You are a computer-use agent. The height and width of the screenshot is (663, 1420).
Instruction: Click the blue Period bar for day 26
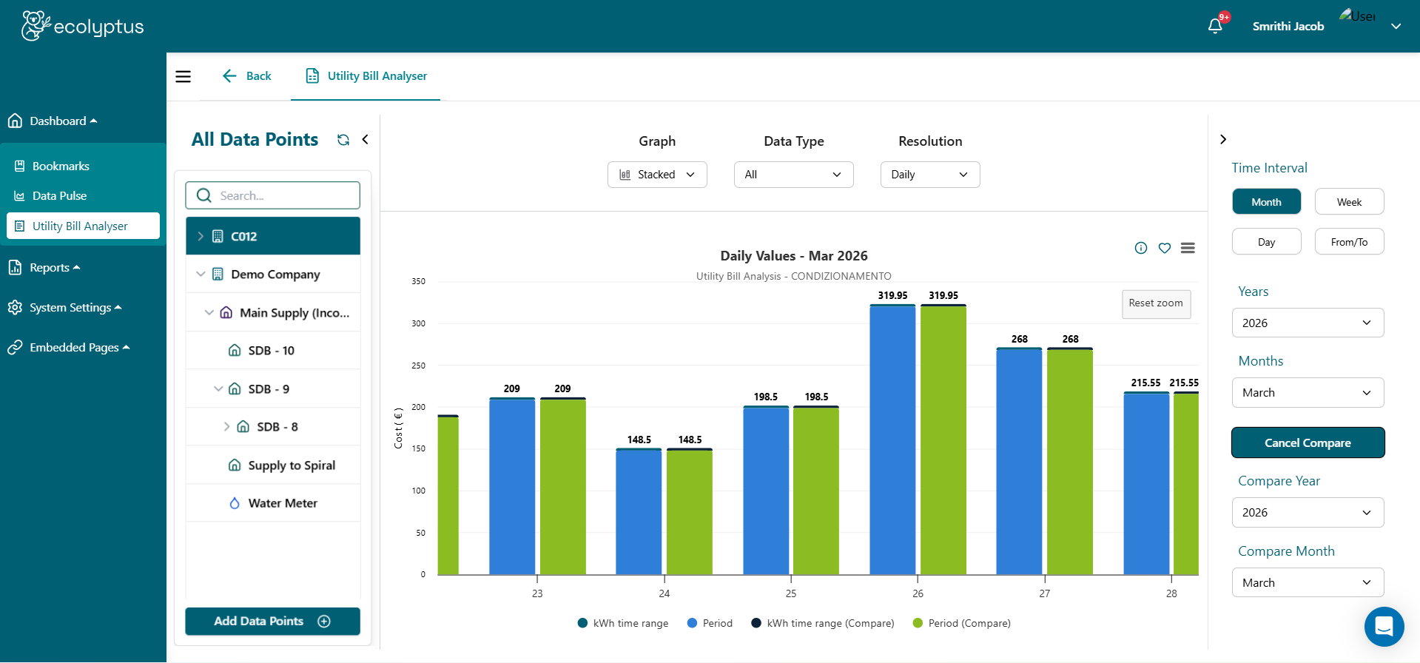[892, 440]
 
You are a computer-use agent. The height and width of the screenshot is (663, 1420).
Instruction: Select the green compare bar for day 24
[690, 512]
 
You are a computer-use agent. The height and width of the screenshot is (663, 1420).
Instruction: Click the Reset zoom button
[1156, 303]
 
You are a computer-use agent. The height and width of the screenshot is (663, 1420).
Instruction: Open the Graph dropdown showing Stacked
[657, 175]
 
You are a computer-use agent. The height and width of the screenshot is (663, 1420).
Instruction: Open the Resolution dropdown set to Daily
[929, 175]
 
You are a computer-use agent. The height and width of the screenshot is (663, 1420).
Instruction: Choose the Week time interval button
[1349, 202]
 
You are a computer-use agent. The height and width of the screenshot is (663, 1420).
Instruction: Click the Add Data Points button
[272, 621]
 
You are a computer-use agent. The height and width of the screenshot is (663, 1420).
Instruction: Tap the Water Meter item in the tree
[282, 503]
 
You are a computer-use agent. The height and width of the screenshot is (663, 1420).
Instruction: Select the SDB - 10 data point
[271, 351]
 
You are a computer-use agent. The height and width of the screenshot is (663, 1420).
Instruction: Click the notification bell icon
[1215, 26]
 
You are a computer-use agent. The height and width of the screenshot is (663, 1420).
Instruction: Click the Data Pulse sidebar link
[59, 196]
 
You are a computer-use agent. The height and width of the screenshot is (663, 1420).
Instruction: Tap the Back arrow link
[247, 76]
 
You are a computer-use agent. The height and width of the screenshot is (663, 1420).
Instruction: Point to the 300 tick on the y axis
[419, 323]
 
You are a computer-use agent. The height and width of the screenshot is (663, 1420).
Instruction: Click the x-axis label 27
[1044, 593]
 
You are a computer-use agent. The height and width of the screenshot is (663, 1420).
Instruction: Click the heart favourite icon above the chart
[1165, 248]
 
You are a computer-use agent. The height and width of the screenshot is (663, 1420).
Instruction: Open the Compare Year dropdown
[1308, 513]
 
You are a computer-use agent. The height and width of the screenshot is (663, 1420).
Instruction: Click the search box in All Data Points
[272, 195]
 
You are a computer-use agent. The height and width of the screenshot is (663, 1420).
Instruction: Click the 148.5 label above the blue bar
[639, 440]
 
